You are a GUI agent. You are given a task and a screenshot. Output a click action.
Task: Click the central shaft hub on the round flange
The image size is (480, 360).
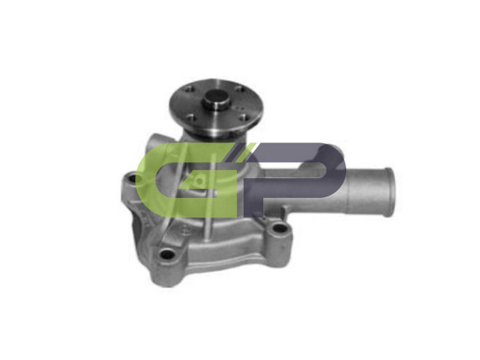pos(216,100)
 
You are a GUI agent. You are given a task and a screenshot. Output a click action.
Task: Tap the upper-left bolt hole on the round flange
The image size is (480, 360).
pos(190,89)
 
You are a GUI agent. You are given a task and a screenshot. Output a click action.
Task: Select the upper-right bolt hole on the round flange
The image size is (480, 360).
pos(240,89)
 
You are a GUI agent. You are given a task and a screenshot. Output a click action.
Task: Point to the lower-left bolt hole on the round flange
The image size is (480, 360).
pos(191,117)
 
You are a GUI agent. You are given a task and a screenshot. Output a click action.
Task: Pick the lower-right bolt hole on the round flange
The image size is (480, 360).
pos(243,117)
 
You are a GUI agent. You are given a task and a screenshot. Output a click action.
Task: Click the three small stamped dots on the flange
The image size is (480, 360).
pos(239,108)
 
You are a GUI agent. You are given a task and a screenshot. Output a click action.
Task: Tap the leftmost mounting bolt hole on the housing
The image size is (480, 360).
pos(132,177)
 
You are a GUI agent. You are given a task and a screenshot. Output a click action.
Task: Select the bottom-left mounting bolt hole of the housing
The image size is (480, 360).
pos(167,254)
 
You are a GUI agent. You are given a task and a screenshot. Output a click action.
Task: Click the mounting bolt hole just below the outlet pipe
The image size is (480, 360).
pos(279,228)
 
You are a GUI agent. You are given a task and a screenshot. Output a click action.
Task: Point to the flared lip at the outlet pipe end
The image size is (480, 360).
pos(389,192)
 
